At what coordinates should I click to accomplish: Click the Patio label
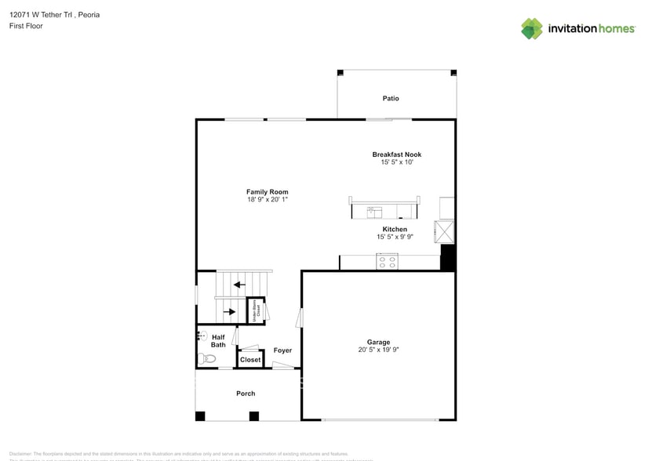pos(390,99)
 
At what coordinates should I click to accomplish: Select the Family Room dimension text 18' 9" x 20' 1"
pos(267,200)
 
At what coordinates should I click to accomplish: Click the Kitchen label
pos(395,229)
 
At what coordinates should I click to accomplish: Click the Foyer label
pos(282,350)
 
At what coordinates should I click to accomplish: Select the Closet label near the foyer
pos(250,360)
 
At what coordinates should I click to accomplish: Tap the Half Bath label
pos(218,341)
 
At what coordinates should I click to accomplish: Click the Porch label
pos(246,394)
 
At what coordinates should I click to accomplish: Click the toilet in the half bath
pos(206,359)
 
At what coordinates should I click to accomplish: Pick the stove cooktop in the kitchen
pos(387,261)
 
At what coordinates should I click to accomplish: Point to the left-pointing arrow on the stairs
pos(239,285)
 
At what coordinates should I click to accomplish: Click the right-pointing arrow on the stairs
pos(229,311)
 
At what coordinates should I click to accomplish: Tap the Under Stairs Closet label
pos(256,310)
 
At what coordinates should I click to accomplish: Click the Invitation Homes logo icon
pos(532,28)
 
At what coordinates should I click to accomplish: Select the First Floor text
pos(26,26)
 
